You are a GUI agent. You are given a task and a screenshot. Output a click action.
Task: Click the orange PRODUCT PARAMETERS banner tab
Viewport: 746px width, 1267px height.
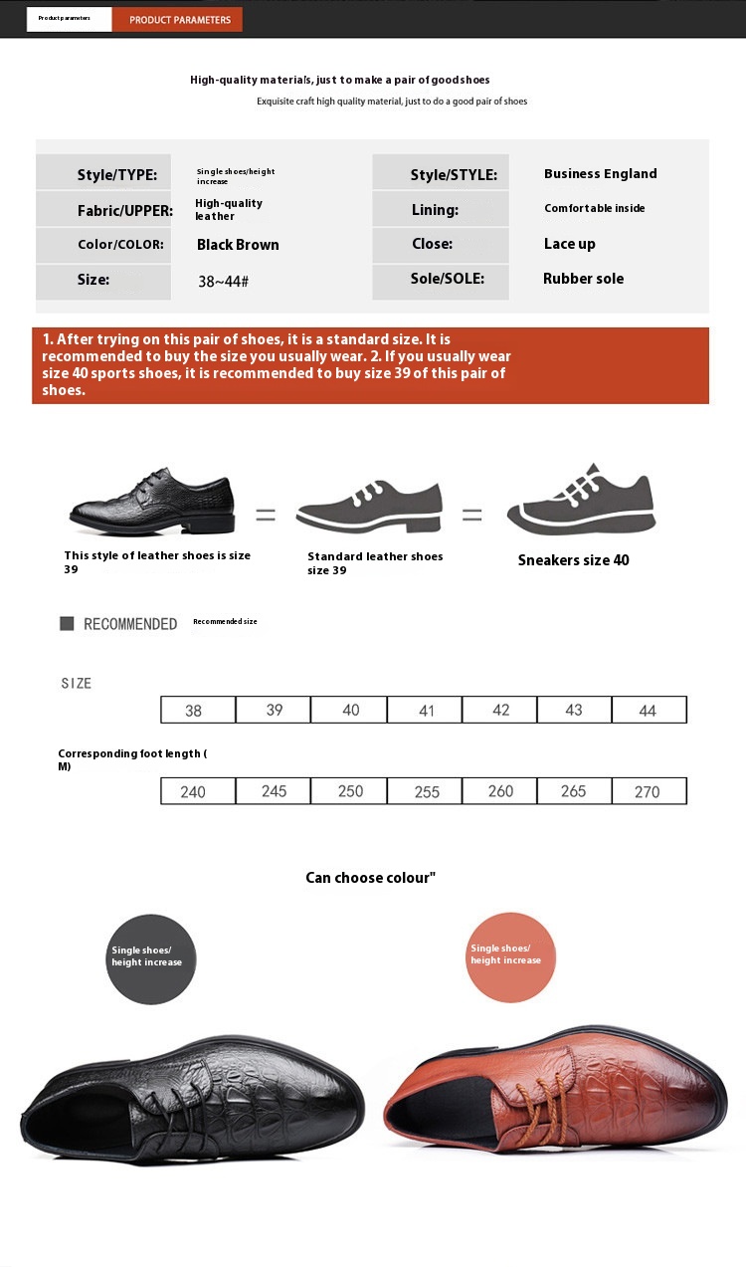point(179,20)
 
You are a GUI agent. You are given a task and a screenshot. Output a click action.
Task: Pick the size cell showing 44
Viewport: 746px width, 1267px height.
point(649,710)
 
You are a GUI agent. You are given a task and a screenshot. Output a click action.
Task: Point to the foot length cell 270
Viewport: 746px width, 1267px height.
point(649,791)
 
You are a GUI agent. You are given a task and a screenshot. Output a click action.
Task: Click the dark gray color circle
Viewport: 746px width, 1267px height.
point(151,958)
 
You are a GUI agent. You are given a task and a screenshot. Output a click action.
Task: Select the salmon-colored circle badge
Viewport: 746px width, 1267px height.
point(510,956)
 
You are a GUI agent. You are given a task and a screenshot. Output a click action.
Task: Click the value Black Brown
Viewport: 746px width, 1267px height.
point(238,245)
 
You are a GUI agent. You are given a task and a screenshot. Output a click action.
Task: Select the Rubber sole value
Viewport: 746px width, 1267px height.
point(583,279)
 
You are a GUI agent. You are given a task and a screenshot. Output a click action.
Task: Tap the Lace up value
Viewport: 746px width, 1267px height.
point(569,244)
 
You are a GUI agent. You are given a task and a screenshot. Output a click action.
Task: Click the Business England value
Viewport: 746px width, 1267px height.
point(600,173)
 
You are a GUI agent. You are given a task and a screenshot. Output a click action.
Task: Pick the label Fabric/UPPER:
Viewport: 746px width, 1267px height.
point(124,211)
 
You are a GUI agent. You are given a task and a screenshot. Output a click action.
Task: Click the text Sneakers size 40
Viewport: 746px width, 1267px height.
point(573,560)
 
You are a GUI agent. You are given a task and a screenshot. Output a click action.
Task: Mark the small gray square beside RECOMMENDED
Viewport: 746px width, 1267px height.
point(67,623)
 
